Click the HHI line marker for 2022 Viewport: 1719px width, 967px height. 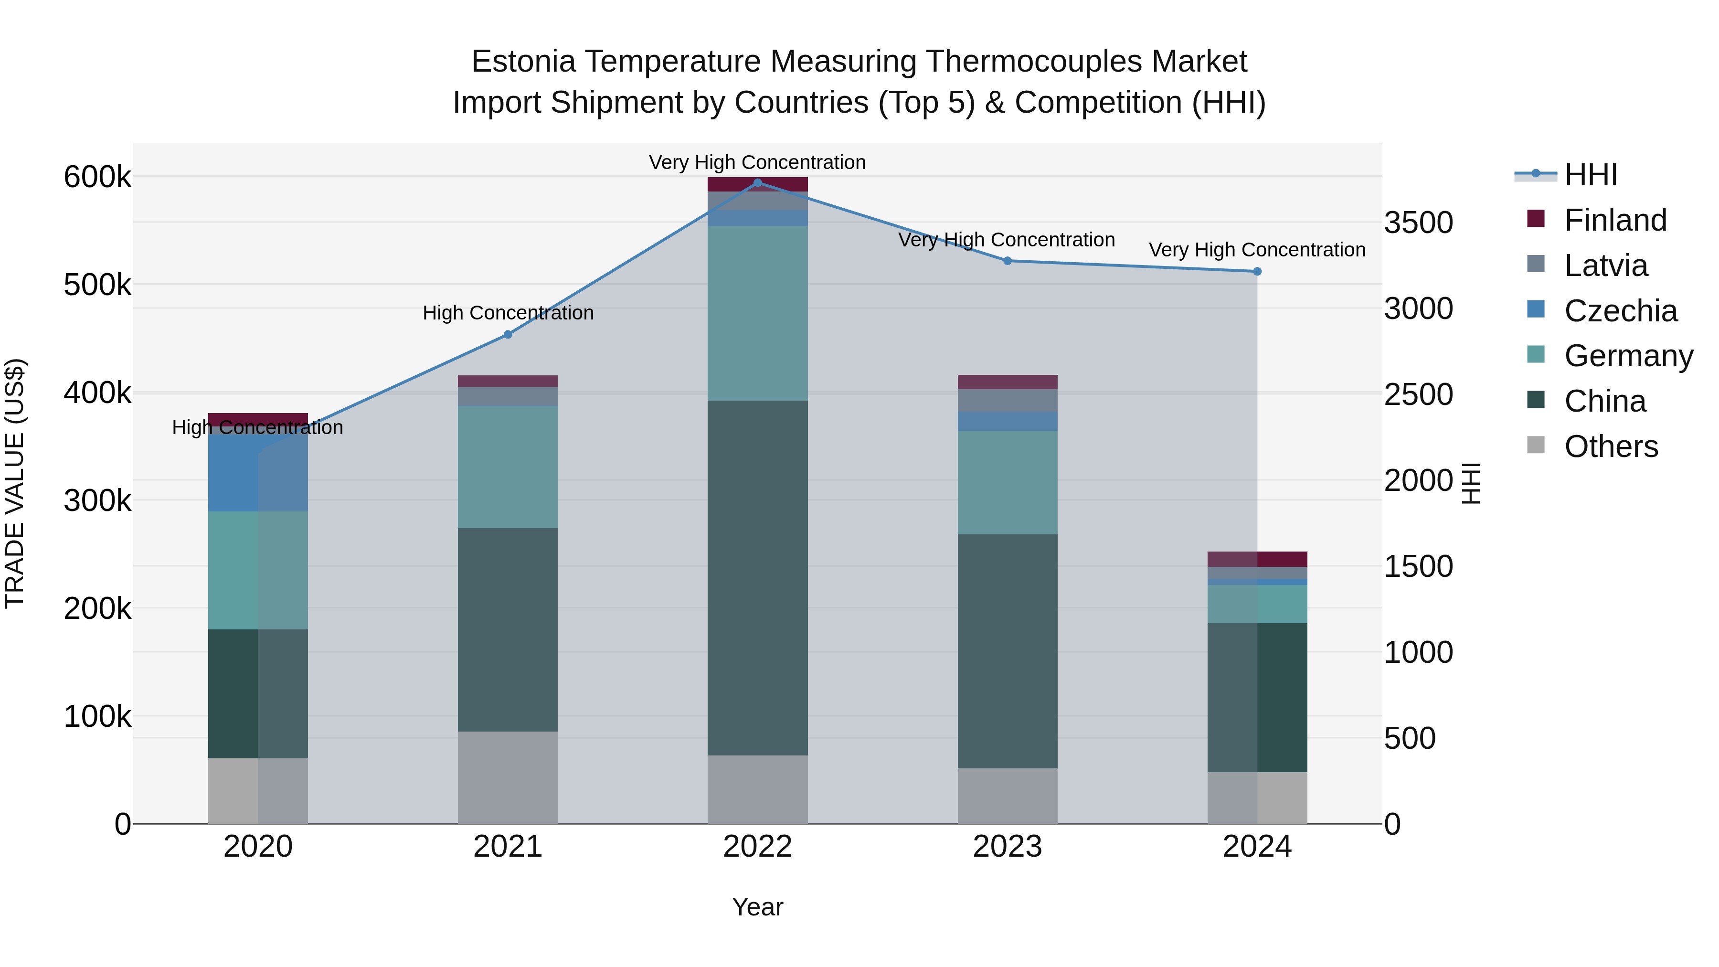tap(757, 182)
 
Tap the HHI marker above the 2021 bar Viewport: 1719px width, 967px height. tap(508, 334)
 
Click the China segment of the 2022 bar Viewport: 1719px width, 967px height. tap(757, 577)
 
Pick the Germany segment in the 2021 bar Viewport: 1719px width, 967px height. tap(508, 467)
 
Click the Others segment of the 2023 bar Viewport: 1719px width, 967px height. tap(1008, 796)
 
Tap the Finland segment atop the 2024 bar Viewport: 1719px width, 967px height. tap(1257, 559)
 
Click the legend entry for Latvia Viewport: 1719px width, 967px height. tap(1605, 266)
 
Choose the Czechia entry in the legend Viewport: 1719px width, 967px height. tap(1620, 311)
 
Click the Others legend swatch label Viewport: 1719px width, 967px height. tap(1611, 446)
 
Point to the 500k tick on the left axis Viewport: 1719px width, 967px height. tap(97, 286)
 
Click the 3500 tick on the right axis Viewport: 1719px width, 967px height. tap(1418, 223)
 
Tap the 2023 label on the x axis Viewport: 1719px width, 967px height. tap(1008, 847)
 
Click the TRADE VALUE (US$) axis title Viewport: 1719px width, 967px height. tap(15, 483)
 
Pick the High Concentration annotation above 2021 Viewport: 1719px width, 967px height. tap(508, 313)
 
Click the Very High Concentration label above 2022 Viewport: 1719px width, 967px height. tap(757, 162)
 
